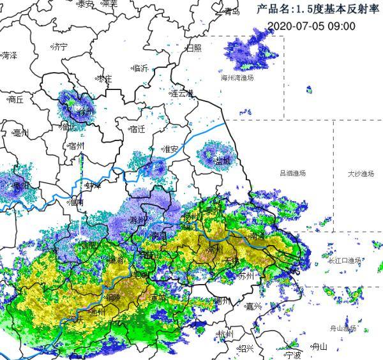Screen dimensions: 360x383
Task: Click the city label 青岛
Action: point(230,11)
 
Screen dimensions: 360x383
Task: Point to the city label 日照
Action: point(193,48)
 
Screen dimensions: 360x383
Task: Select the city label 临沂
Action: point(140,68)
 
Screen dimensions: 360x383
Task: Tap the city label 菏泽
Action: point(9,56)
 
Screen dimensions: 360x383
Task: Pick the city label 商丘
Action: point(14,100)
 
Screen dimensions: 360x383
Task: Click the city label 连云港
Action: point(181,93)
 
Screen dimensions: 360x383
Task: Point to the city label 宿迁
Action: point(137,129)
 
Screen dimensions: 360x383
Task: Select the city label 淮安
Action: point(170,149)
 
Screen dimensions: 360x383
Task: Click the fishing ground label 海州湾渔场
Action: point(237,77)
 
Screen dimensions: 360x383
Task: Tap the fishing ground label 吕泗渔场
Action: point(292,173)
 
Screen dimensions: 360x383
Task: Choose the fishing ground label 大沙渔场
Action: point(361,173)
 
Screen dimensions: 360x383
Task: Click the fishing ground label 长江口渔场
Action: point(345,260)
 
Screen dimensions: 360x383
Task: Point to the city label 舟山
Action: point(319,347)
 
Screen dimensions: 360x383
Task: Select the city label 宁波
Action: point(292,355)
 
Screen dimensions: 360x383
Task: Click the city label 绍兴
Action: point(246,349)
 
